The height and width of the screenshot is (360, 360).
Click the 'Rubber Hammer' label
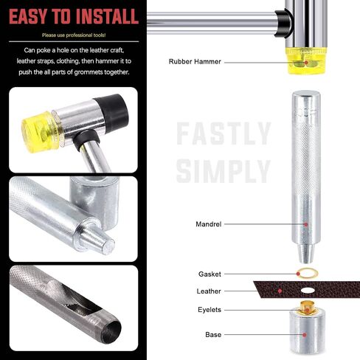pos(195,61)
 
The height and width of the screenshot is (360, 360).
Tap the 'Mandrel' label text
pos(209,224)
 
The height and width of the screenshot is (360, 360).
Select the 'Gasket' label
pos(210,274)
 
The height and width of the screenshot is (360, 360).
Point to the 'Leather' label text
pos(209,291)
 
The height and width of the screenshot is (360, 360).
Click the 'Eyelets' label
pos(210,310)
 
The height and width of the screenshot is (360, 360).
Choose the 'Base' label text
pos(213,335)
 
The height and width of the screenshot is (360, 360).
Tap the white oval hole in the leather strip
pos(308,291)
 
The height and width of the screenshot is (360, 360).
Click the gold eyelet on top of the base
pos(308,308)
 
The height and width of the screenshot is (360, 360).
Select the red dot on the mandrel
pos(306,224)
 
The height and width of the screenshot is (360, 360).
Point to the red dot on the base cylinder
pos(305,335)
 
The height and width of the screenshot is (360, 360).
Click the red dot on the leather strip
pos(280,291)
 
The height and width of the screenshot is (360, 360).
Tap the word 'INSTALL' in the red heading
pos(107,16)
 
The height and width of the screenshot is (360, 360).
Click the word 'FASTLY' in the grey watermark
pos(224,134)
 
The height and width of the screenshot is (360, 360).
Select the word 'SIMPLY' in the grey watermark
pos(224,171)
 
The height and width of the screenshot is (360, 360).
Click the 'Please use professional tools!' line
pos(74,35)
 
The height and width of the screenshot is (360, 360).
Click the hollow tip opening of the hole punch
pos(111,332)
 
